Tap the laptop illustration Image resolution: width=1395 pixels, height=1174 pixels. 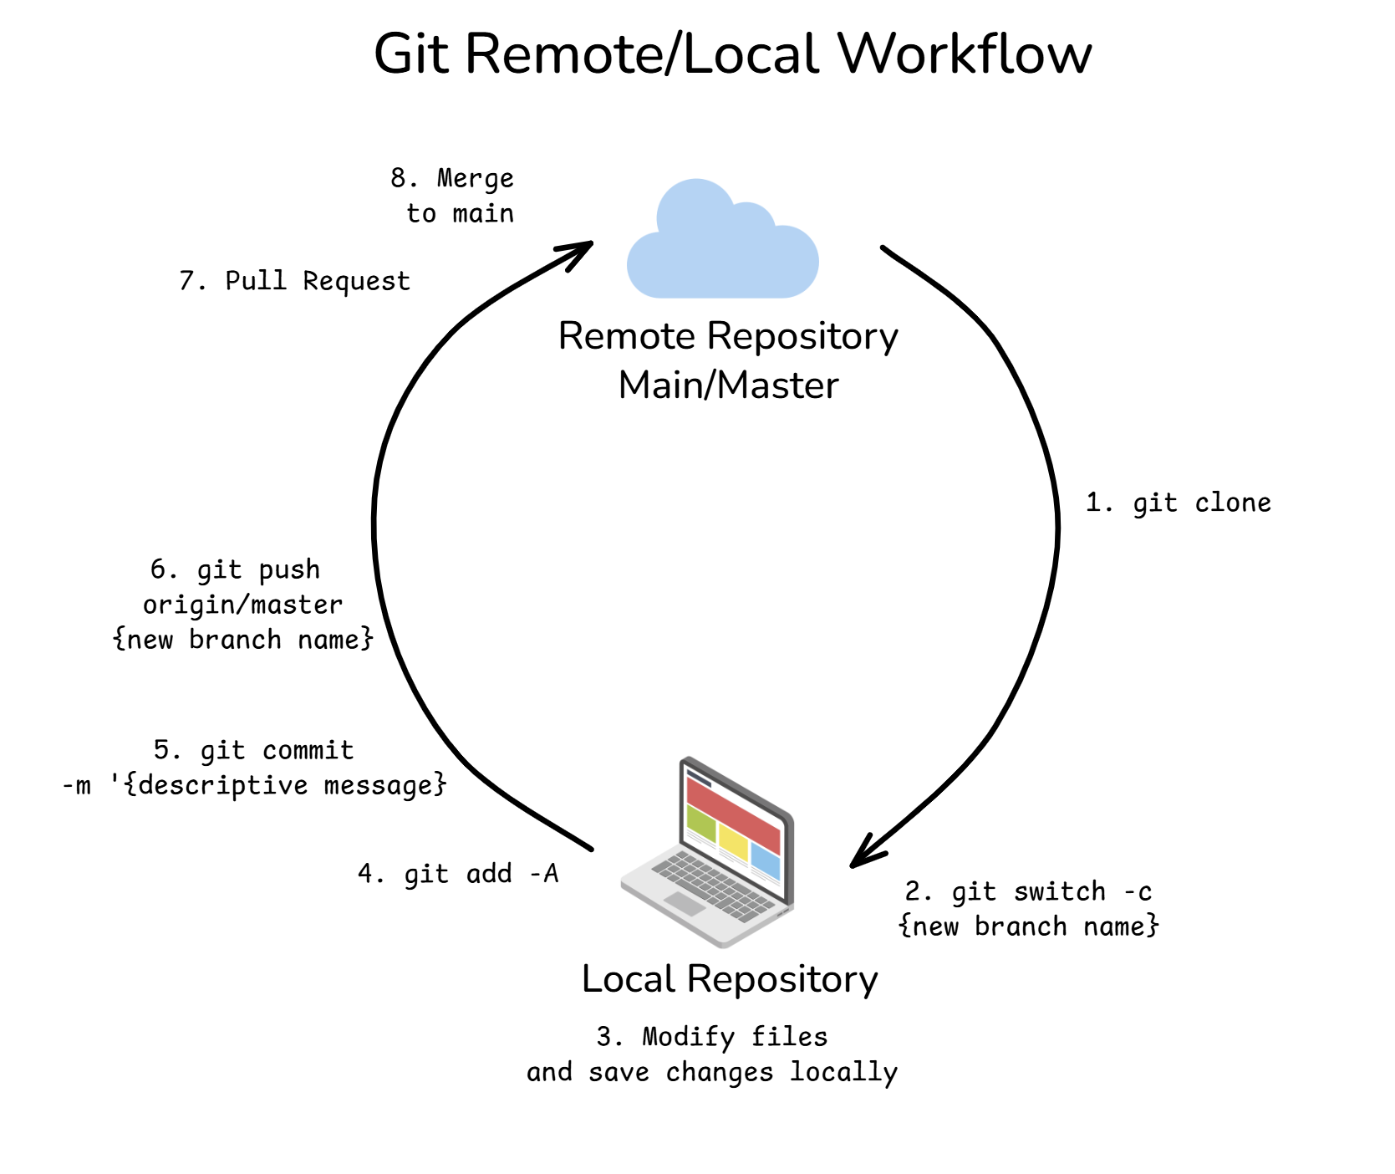tap(710, 853)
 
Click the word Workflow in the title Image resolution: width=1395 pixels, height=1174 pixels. tap(965, 54)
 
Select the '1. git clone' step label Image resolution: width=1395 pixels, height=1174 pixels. tap(1178, 503)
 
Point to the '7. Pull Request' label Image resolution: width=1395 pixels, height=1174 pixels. tap(294, 281)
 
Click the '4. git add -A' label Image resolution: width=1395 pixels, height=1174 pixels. tap(458, 874)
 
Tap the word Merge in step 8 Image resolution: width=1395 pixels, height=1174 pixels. tap(475, 179)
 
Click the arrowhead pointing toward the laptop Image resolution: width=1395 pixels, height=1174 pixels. tap(864, 854)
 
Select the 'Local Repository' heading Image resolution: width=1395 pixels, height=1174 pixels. tap(730, 978)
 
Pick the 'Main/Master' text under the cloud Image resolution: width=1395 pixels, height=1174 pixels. tap(728, 385)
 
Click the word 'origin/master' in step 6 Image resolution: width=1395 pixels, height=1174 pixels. tap(242, 605)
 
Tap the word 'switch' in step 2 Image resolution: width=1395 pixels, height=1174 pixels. tap(1060, 892)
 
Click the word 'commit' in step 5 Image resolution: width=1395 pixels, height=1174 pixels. tap(308, 750)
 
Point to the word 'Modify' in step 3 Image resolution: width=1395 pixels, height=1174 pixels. tap(688, 1037)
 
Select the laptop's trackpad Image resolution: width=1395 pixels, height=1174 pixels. tap(685, 903)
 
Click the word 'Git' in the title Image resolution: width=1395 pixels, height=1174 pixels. tap(412, 54)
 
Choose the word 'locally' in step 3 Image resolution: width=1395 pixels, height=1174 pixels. tap(843, 1072)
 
